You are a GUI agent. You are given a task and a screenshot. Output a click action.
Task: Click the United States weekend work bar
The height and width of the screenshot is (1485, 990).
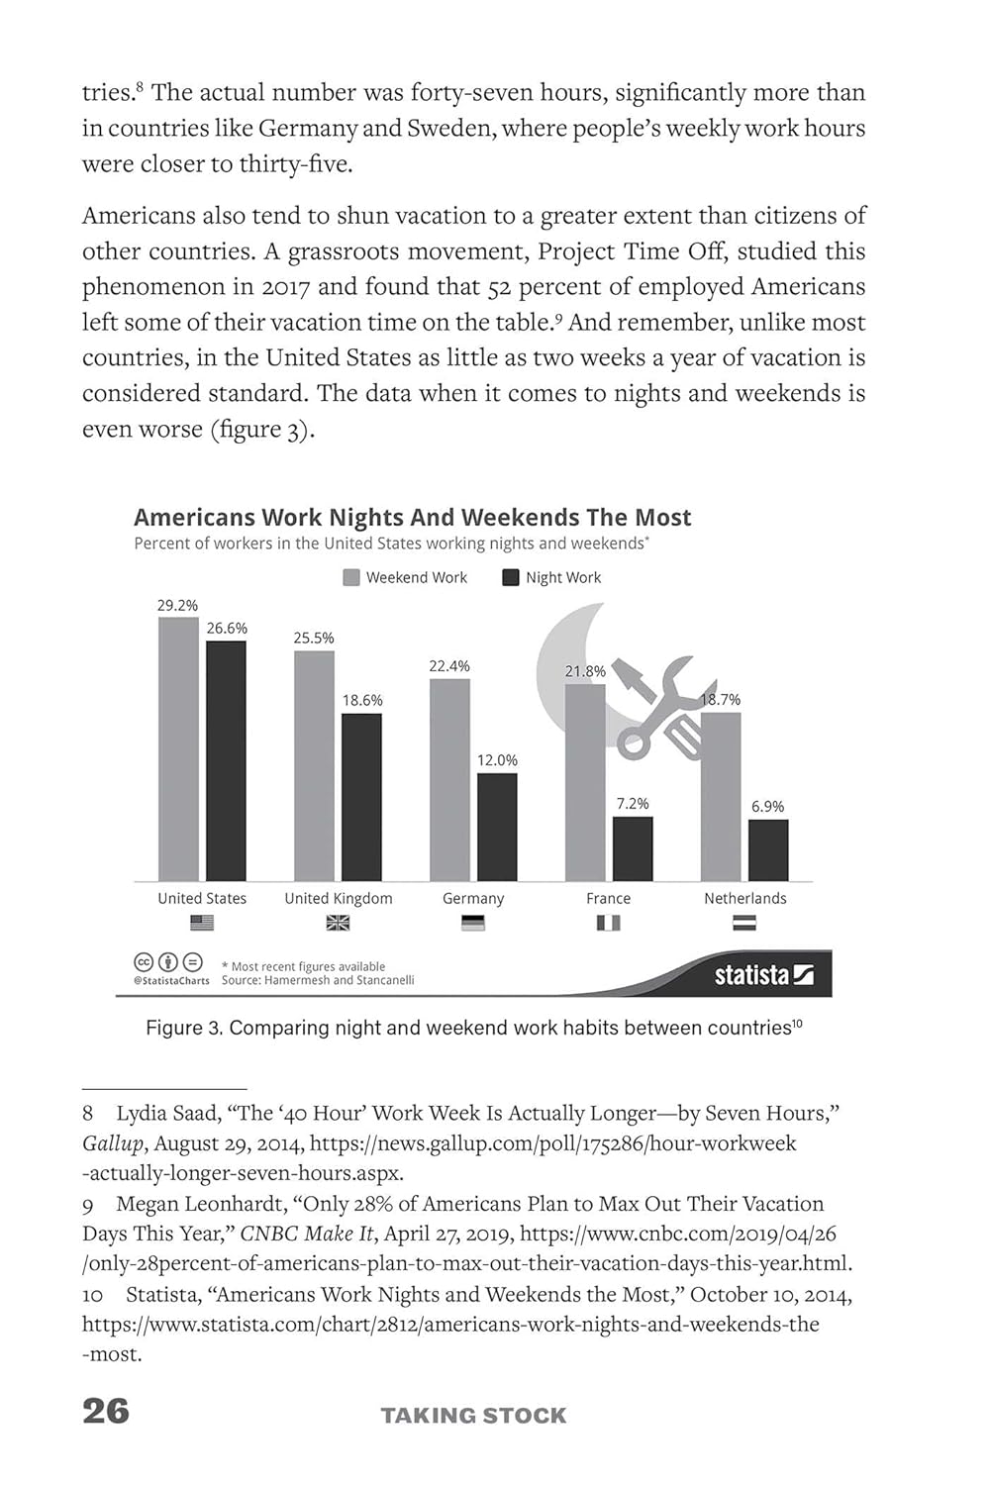178,748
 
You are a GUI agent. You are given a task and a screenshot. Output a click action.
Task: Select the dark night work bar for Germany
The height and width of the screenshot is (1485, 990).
497,827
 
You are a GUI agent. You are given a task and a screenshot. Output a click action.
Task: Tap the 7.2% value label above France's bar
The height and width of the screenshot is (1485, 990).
633,803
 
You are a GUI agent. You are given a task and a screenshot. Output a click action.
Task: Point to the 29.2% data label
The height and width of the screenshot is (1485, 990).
177,605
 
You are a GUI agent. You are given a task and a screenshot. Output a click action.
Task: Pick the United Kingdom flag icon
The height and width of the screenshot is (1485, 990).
338,923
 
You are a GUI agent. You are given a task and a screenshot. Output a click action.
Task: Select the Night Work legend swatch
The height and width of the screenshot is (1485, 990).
511,577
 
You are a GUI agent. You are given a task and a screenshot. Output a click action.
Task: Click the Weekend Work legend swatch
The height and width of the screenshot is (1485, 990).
351,577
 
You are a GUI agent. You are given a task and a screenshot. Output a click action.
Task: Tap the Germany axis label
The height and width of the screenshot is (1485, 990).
473,898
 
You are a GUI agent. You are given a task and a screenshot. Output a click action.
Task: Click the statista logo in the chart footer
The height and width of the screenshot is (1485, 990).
763,975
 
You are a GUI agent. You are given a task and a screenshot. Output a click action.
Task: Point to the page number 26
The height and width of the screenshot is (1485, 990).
106,1411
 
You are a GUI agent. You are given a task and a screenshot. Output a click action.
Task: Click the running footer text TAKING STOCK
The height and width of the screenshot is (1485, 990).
473,1416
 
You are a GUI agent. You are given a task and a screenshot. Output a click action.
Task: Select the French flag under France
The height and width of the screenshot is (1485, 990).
608,923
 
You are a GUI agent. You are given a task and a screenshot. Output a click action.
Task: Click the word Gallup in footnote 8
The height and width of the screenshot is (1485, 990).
112,1143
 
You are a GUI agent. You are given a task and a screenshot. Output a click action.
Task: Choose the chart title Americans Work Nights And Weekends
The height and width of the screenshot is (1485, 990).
412,517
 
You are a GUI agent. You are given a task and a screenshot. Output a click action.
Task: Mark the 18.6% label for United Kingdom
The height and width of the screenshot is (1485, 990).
362,700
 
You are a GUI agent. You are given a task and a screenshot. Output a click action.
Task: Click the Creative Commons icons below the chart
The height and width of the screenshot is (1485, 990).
168,962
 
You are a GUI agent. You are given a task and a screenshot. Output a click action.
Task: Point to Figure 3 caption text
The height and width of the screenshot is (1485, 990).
473,1028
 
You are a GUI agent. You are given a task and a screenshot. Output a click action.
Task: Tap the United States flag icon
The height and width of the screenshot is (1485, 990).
202,923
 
